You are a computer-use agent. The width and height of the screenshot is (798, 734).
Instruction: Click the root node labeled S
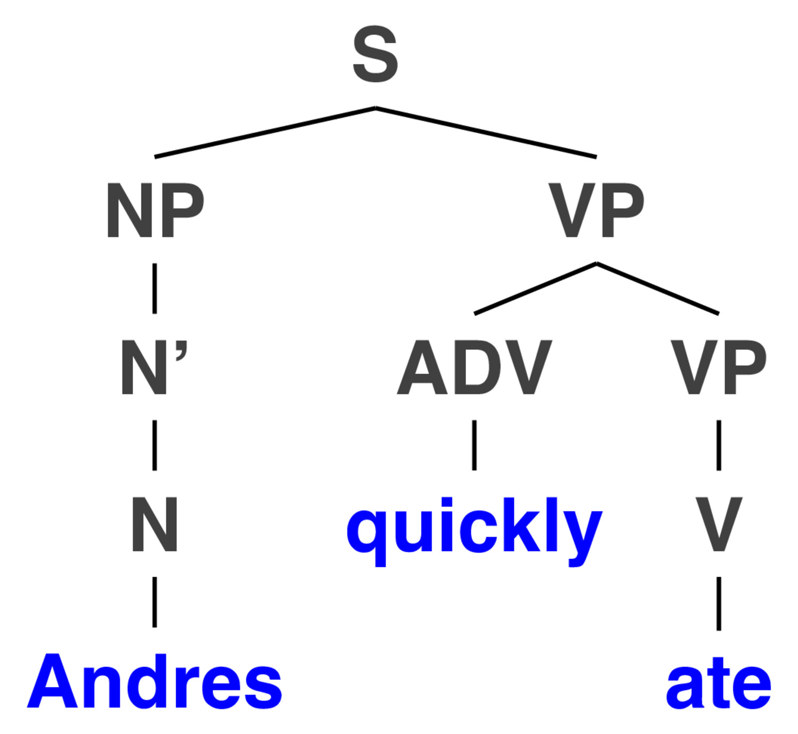pyautogui.click(x=375, y=54)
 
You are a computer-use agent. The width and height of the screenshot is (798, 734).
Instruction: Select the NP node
pyautogui.click(x=155, y=210)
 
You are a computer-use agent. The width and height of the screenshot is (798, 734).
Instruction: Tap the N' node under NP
pyautogui.click(x=154, y=367)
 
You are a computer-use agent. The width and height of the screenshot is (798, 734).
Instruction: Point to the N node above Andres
pyautogui.click(x=154, y=524)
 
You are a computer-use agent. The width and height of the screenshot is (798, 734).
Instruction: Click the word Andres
pyautogui.click(x=154, y=681)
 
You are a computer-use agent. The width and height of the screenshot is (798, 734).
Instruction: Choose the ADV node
pyautogui.click(x=475, y=367)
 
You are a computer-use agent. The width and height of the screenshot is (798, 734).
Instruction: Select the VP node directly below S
pyautogui.click(x=596, y=210)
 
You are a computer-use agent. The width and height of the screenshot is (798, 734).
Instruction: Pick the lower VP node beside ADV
pyautogui.click(x=718, y=367)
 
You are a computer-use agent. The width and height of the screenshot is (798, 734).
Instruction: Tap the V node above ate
pyautogui.click(x=719, y=524)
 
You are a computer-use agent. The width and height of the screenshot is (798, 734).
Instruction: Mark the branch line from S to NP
pyautogui.click(x=265, y=132)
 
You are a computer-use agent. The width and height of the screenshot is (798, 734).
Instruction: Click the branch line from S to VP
pyautogui.click(x=486, y=132)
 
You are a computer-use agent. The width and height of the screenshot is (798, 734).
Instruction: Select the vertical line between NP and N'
pyautogui.click(x=155, y=288)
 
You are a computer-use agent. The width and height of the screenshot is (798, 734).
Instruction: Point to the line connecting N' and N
pyautogui.click(x=155, y=446)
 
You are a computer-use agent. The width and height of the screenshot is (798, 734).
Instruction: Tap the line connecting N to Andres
pyautogui.click(x=155, y=602)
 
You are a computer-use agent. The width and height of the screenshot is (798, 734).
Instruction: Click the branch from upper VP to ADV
pyautogui.click(x=535, y=288)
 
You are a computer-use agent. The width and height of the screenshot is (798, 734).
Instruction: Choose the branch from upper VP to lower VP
pyautogui.click(x=658, y=288)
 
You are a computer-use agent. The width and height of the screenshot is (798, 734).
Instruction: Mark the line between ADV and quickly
pyautogui.click(x=474, y=446)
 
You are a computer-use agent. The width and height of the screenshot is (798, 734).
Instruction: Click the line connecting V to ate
pyautogui.click(x=719, y=604)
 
